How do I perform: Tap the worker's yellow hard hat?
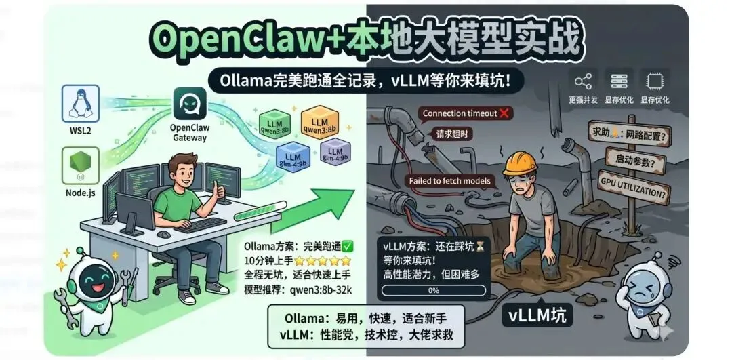(x=521, y=163)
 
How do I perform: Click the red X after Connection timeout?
(x=504, y=113)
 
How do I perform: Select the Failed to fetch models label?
(x=449, y=181)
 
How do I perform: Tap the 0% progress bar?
(x=434, y=290)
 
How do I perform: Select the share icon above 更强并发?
(x=582, y=82)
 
